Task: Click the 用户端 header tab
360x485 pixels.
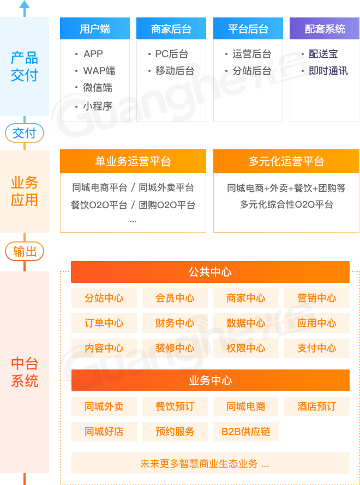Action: (x=94, y=29)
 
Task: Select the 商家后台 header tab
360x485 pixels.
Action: (x=171, y=29)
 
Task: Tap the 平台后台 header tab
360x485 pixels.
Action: (x=248, y=29)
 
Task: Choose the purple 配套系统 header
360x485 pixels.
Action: (x=325, y=29)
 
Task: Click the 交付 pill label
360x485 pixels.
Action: (x=25, y=132)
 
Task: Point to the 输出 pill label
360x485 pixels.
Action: (x=25, y=251)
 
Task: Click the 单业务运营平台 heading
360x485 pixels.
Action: (x=133, y=161)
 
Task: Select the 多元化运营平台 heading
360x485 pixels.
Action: (x=286, y=161)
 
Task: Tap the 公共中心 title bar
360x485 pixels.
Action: (x=210, y=272)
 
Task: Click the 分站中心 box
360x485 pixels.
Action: (x=104, y=298)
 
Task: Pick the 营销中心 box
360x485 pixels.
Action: (x=316, y=298)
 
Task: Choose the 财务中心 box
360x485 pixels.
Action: (x=175, y=323)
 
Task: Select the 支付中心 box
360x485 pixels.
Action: (x=316, y=348)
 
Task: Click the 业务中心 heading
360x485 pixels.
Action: (x=210, y=380)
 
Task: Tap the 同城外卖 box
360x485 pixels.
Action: (x=104, y=407)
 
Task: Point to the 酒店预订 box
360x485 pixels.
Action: (x=316, y=407)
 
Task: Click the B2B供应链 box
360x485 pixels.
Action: (x=245, y=432)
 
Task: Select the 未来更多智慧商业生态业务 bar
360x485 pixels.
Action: (x=210, y=464)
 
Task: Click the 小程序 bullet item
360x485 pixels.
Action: (x=97, y=106)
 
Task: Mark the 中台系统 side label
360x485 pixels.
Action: (x=25, y=372)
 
